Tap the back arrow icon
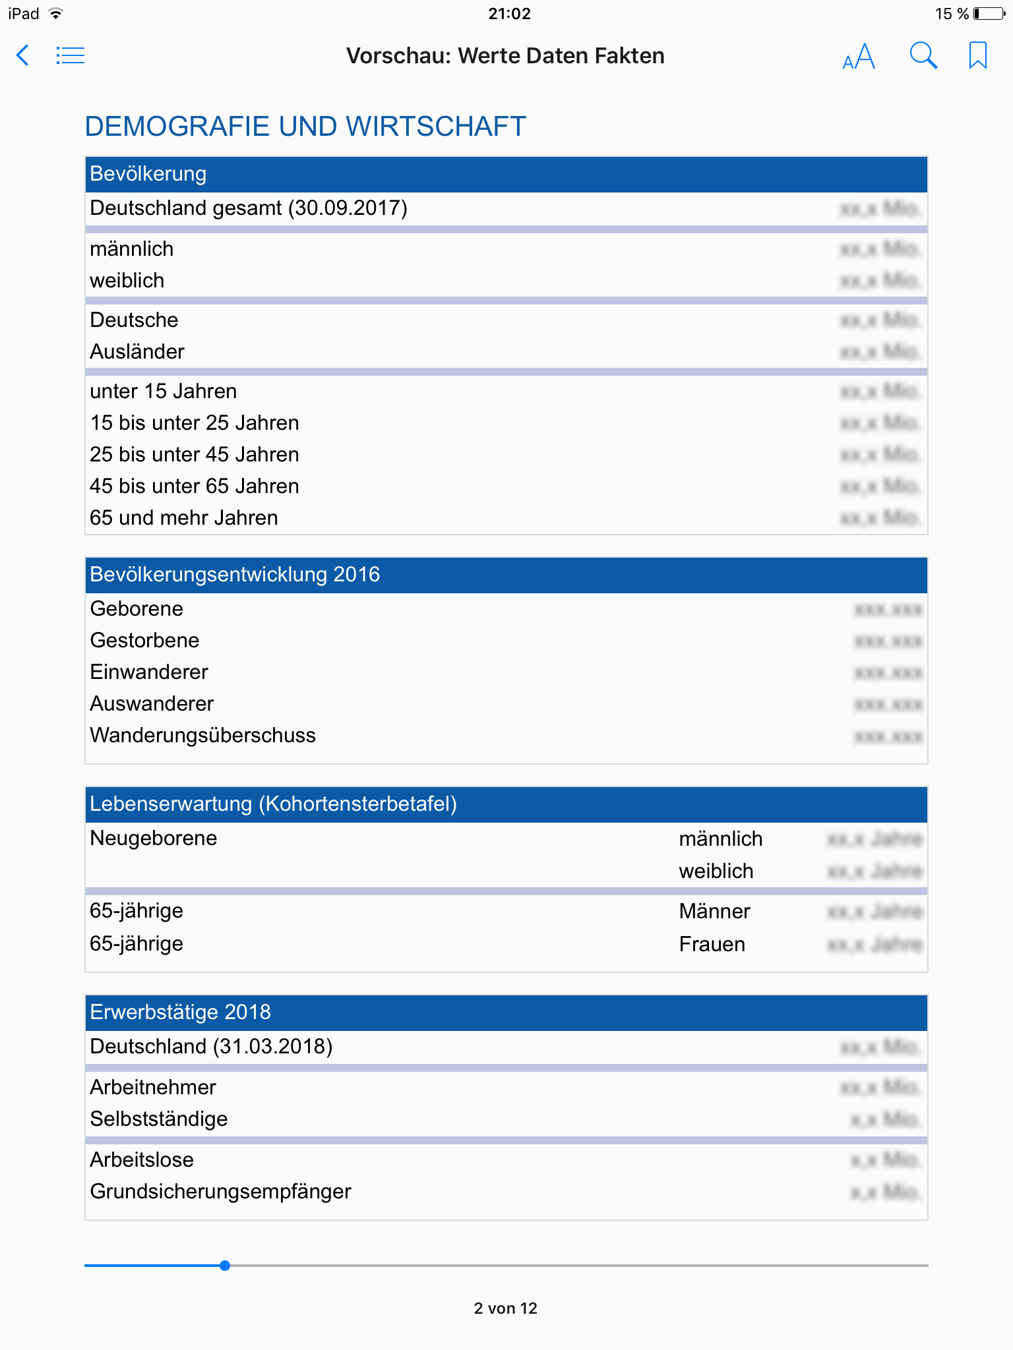point(23,55)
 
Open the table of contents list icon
point(71,55)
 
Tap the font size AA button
point(859,56)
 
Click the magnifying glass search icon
point(923,56)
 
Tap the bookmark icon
point(977,55)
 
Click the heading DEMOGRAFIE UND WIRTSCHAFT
point(305,126)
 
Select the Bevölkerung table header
point(148,174)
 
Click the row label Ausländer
point(137,352)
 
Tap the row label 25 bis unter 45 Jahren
point(195,455)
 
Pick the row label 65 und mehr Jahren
point(184,518)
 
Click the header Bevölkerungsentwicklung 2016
point(235,575)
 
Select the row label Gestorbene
point(144,641)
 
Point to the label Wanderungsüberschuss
point(202,736)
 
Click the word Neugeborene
point(154,838)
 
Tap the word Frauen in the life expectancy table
point(712,945)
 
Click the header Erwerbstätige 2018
point(180,1012)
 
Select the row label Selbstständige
point(159,1119)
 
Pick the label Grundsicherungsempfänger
point(220,1192)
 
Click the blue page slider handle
point(225,1266)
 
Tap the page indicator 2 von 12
point(506,1308)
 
